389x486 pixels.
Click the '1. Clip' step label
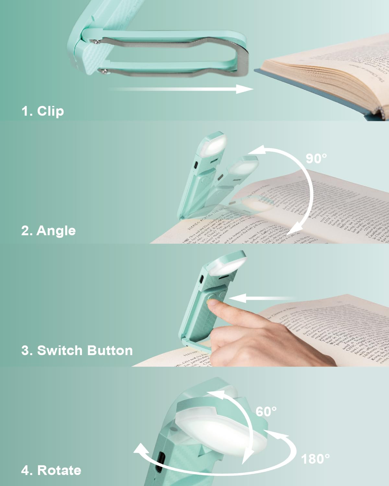click(42, 111)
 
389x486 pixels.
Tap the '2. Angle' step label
click(48, 231)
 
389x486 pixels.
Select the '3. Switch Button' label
click(77, 351)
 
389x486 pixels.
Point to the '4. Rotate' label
click(51, 470)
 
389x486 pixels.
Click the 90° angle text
click(316, 158)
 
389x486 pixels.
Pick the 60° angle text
click(266, 411)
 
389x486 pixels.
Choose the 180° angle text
click(315, 459)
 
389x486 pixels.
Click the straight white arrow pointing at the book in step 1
click(182, 89)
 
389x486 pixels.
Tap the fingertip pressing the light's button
click(212, 304)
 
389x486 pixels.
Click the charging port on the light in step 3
click(202, 279)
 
